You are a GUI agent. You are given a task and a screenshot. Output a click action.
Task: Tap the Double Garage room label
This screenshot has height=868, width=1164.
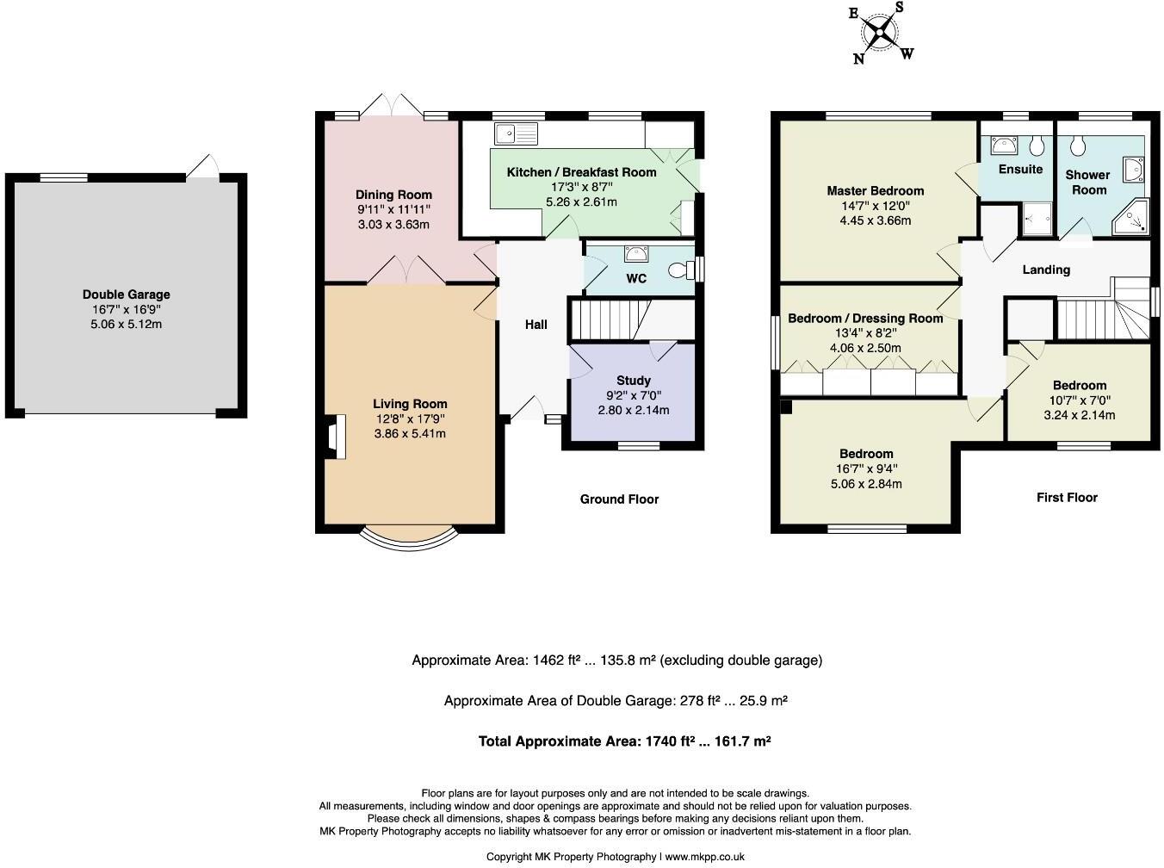pos(127,294)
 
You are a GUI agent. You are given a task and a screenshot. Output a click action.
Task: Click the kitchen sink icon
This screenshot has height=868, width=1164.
pos(516,133)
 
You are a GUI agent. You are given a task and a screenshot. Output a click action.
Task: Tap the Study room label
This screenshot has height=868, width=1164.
pos(633,381)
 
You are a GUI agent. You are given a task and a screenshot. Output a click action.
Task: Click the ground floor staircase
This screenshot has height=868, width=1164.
pos(607,319)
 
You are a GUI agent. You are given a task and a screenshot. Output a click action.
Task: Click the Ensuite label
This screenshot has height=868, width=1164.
pos(1020,170)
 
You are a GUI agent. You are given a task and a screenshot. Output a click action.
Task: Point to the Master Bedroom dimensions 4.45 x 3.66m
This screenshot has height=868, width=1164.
pos(875,220)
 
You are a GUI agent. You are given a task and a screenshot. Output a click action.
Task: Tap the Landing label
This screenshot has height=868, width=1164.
pos(1046,270)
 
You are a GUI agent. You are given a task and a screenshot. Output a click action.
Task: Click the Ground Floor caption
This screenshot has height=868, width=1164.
pos(619,499)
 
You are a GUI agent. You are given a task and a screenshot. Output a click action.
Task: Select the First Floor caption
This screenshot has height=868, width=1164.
pos(1067,498)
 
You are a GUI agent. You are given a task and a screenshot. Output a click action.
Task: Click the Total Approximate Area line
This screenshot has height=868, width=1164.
pos(624,741)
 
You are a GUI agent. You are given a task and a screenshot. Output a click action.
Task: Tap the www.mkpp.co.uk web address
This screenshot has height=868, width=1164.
pos(704,857)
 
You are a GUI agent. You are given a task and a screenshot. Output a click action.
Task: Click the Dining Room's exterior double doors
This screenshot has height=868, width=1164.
pos(392,108)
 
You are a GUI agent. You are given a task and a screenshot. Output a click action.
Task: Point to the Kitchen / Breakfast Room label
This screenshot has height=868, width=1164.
pos(581,172)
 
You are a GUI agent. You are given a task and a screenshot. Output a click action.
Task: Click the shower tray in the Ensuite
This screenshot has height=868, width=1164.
pos(1037,219)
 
